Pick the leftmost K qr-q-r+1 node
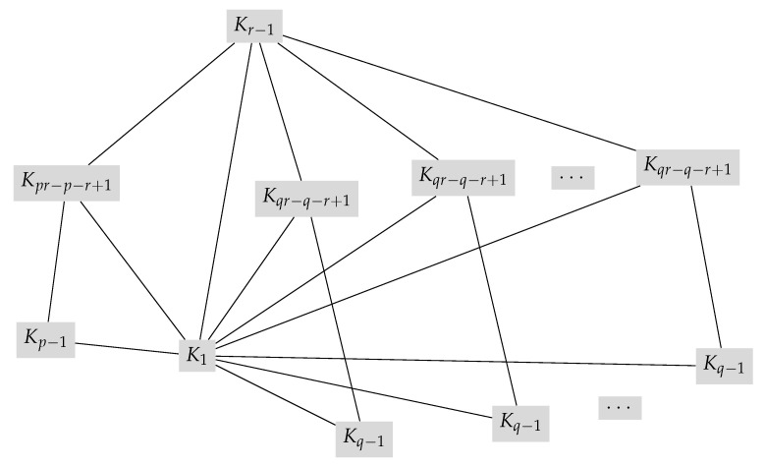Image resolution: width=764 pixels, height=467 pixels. coord(309,197)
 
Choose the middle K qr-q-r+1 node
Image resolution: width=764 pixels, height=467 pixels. coord(463,178)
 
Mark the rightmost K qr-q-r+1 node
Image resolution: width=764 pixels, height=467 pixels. coord(686,167)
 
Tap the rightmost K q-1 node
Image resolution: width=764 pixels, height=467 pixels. coord(727,364)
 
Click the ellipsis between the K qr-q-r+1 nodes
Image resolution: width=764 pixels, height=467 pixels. coord(570,178)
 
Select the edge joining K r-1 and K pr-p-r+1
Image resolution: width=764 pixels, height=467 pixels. coord(161,103)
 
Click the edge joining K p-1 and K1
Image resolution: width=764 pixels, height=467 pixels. coord(126,346)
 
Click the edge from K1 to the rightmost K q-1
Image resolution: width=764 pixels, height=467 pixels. coord(462,360)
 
